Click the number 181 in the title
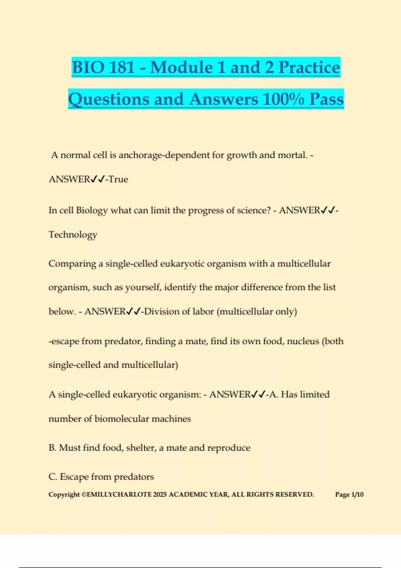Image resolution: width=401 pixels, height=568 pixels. pos(122,67)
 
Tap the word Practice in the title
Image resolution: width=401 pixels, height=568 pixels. pos(309,67)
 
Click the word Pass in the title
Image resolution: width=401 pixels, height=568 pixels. pos(326,99)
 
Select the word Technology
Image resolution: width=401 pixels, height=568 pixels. pos(73,235)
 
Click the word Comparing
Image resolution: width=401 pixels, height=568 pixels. pos(72,264)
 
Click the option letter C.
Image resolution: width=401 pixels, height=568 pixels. pos(52,477)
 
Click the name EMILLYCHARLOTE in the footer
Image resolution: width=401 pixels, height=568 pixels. pos(119,494)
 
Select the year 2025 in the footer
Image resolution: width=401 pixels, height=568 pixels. pos(160,494)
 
